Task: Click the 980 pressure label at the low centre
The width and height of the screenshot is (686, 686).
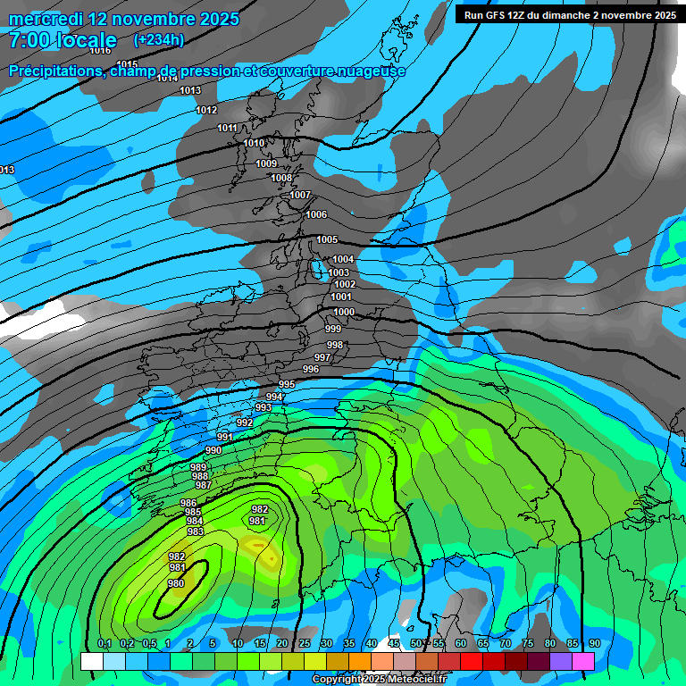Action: [176, 583]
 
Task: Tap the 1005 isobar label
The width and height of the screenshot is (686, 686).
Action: [327, 239]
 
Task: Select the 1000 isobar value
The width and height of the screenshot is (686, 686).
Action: [344, 312]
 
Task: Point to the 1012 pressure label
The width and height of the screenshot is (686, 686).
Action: [206, 110]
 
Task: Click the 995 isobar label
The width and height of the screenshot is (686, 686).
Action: [287, 384]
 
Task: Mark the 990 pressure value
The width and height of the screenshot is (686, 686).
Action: [213, 450]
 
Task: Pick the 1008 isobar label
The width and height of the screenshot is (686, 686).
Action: [281, 178]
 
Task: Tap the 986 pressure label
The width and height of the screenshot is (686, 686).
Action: [188, 503]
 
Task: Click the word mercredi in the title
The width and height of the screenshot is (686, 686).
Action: [46, 19]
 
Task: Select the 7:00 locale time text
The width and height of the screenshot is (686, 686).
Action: [63, 40]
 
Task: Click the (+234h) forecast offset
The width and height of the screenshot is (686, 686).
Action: [159, 39]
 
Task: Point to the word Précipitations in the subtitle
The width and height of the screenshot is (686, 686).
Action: [54, 71]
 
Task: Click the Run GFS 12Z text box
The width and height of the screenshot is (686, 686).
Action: [570, 14]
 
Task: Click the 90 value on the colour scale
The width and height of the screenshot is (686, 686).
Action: [594, 643]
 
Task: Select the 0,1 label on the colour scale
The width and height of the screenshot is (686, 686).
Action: [104, 643]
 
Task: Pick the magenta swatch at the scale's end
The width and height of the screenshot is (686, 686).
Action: [583, 661]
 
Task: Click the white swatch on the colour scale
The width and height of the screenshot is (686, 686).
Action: [91, 661]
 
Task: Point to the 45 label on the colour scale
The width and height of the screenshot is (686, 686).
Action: [394, 643]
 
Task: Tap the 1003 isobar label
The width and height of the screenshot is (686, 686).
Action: [339, 272]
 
